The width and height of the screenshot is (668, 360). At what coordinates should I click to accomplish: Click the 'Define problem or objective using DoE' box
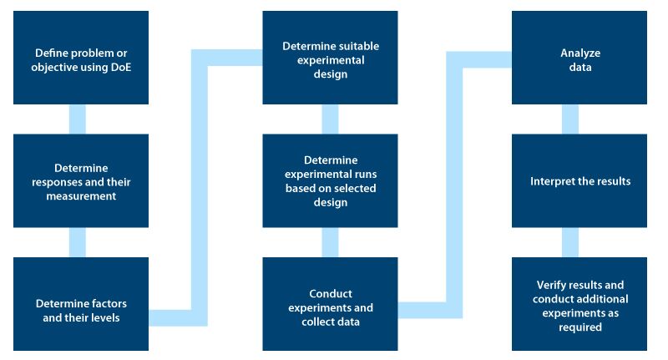tap(81, 58)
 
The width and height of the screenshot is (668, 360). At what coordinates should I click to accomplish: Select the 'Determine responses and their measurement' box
tap(81, 180)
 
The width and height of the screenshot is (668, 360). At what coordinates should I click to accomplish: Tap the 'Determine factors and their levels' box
tap(81, 304)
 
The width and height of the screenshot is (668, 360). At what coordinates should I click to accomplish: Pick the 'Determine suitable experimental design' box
tap(330, 58)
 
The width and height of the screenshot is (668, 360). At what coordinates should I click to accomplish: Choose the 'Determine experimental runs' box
tap(330, 180)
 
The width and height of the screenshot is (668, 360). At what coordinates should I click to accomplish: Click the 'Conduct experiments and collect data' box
tap(330, 304)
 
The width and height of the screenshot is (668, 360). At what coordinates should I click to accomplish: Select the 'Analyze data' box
tap(579, 58)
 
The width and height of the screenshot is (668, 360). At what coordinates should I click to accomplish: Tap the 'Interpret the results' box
tap(579, 180)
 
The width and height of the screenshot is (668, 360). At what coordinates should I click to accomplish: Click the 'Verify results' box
tap(579, 304)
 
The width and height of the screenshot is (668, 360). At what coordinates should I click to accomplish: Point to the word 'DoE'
tap(120, 68)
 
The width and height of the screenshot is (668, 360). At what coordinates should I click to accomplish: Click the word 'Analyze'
tap(580, 53)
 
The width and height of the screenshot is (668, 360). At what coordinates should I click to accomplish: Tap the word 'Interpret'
tap(549, 181)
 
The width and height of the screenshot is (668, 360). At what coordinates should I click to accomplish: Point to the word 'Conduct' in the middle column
tap(331, 294)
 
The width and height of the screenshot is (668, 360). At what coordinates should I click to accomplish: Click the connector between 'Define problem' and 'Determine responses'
tap(77, 119)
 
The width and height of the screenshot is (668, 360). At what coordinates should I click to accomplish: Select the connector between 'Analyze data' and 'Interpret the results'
tap(570, 119)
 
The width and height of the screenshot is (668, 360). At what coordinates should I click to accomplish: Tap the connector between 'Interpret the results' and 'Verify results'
tap(570, 242)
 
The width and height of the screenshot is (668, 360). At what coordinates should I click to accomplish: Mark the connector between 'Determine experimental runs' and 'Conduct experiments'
tap(330, 242)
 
